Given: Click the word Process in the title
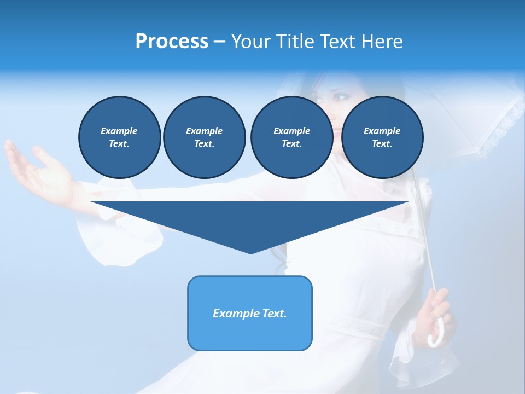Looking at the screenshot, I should (172, 42).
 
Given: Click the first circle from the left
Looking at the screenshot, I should (119, 137).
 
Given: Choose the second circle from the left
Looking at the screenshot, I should (204, 137).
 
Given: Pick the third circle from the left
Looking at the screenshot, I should (291, 137).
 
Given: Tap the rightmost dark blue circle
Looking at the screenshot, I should (382, 137).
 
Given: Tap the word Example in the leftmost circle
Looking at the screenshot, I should (119, 131).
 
